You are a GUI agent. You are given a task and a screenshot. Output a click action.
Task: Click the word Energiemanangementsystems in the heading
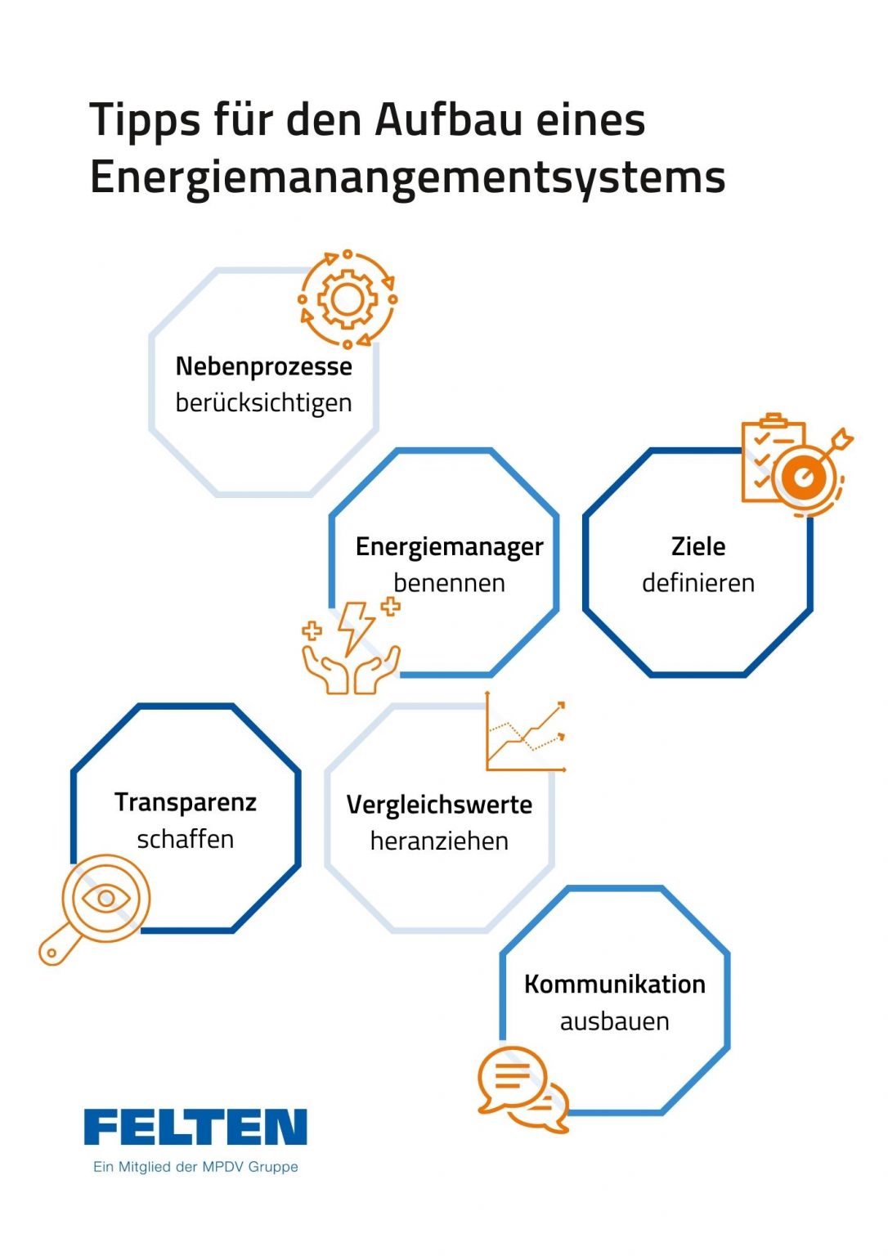[407, 177]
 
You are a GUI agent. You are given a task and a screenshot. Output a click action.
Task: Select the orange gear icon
[348, 299]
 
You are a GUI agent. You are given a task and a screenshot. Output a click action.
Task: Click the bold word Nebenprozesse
[263, 366]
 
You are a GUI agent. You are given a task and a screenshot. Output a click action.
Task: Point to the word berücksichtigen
[263, 403]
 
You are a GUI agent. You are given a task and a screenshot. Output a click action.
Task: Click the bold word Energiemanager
[449, 546]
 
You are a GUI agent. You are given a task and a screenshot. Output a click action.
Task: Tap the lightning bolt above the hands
[357, 626]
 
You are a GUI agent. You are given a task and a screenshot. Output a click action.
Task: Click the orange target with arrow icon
[806, 473]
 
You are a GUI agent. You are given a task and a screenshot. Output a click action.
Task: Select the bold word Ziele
[697, 546]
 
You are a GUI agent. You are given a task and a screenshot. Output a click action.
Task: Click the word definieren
[697, 583]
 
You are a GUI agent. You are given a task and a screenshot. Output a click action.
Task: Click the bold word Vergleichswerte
[439, 805]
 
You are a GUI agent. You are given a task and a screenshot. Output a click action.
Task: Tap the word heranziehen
[439, 841]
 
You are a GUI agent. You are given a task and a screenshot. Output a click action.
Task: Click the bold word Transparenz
[186, 802]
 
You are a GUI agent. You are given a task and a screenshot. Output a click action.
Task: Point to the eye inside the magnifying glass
[106, 899]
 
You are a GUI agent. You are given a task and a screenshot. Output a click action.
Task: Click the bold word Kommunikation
[614, 984]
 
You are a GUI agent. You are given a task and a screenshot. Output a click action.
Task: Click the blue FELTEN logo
[195, 1128]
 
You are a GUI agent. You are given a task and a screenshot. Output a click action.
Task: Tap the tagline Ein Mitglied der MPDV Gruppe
[195, 1167]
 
